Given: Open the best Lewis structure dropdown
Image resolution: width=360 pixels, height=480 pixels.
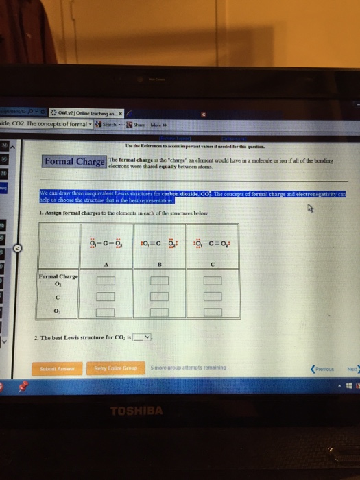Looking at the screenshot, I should click(x=143, y=337).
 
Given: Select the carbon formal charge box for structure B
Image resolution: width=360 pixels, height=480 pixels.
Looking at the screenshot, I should click(x=159, y=296).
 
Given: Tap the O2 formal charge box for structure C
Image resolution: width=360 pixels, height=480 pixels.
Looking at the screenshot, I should click(x=213, y=312).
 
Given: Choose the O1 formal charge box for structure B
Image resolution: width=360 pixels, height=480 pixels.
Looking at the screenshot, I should click(x=159, y=281).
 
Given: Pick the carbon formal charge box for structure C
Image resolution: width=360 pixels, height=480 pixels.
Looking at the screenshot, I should click(x=213, y=296).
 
